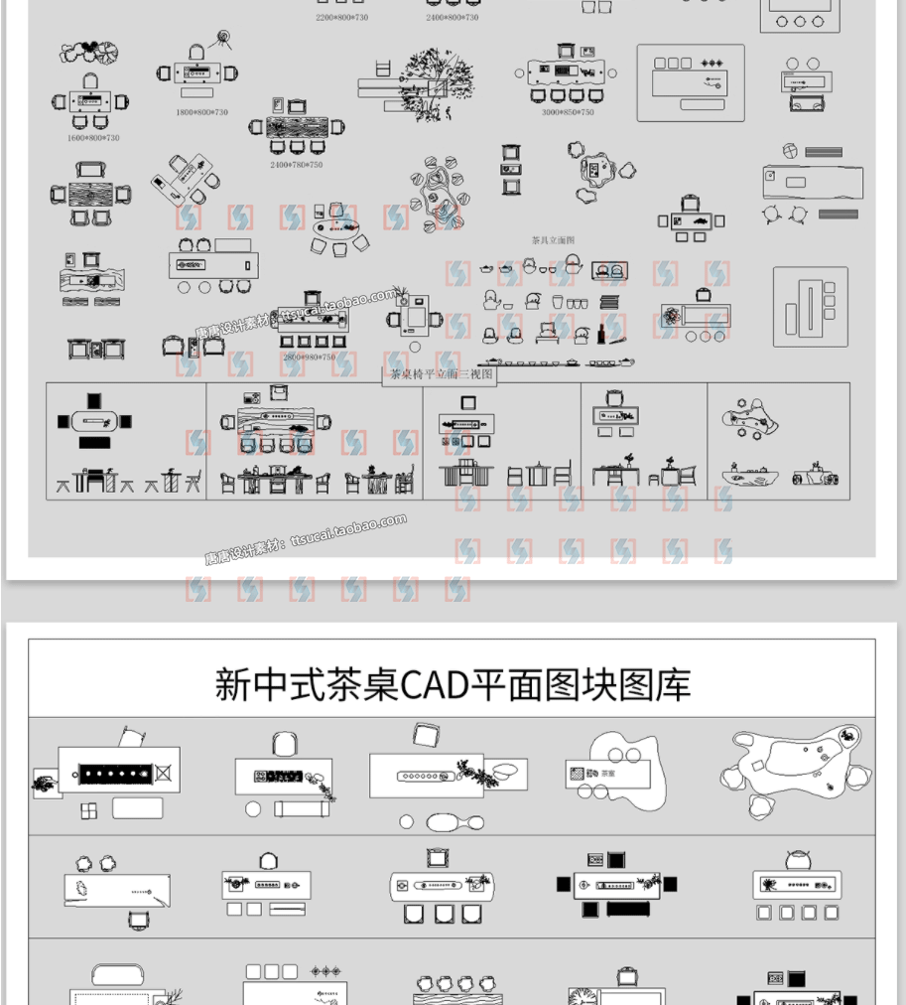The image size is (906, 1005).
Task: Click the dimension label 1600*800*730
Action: (93, 138)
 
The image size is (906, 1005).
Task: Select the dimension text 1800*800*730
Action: (201, 112)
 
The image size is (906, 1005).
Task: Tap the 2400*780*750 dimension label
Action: (296, 165)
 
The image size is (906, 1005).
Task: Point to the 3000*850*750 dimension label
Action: (568, 112)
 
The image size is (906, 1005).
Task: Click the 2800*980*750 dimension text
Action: (309, 357)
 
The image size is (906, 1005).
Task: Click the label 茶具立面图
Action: (553, 239)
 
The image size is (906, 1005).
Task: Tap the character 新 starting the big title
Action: (233, 685)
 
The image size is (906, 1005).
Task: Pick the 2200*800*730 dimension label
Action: (341, 18)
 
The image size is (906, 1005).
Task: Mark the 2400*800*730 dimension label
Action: (452, 18)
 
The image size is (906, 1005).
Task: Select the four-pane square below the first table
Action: (89, 811)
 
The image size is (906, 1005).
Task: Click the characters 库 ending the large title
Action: (673, 685)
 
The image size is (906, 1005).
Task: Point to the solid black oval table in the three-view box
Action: (95, 421)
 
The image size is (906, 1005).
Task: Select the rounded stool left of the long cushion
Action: (253, 809)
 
